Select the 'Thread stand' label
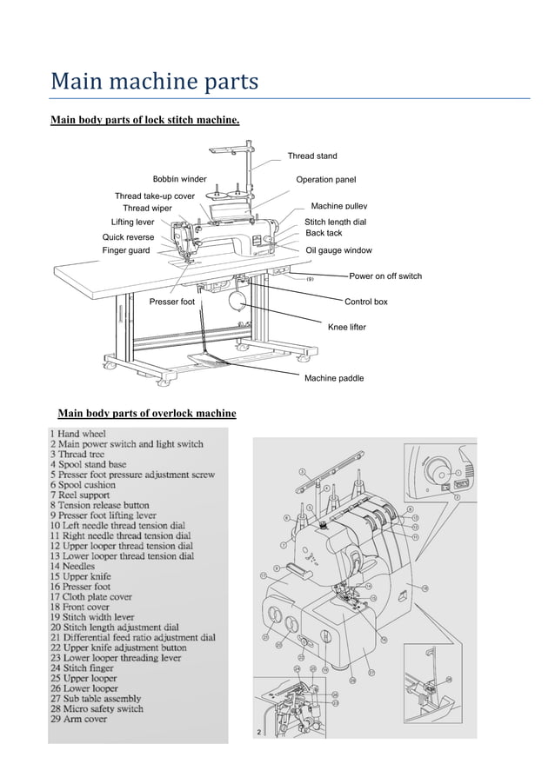click(312, 156)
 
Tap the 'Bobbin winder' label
click(179, 179)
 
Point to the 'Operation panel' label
click(326, 179)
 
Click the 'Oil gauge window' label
click(338, 250)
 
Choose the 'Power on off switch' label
click(385, 276)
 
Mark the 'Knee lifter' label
click(346, 327)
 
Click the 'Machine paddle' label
click(334, 378)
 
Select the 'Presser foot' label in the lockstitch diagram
click(172, 302)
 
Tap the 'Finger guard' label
click(126, 250)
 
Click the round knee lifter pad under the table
click(235, 302)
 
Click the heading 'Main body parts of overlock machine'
click(146, 411)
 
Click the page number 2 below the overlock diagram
click(258, 734)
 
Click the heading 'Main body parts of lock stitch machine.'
click(145, 118)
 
